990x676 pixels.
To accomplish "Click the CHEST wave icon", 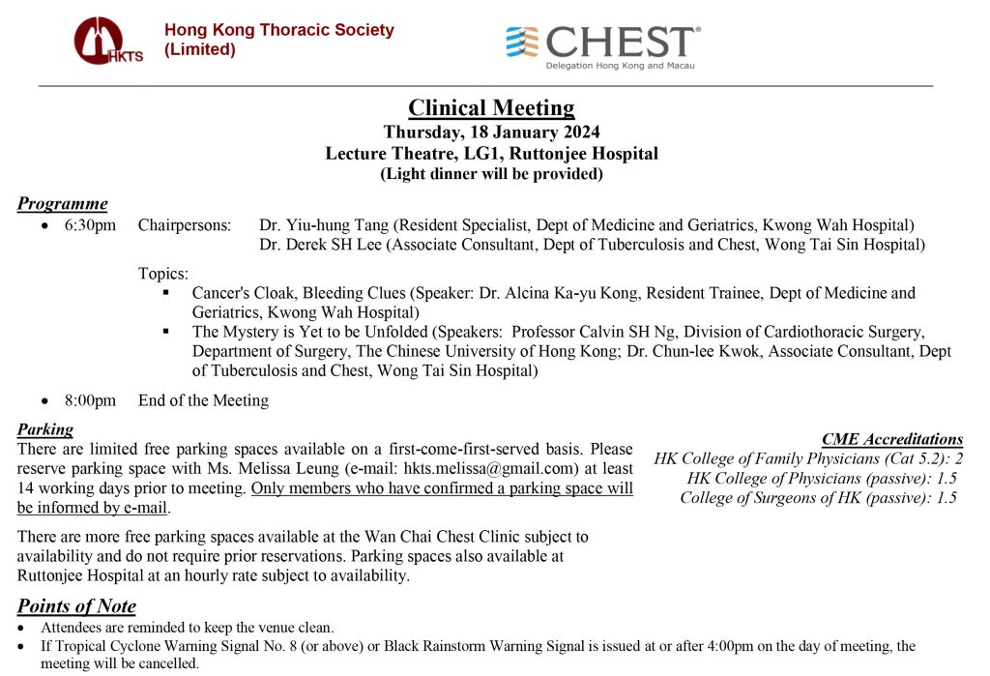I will point(523,43).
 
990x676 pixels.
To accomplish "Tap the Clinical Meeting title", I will point(491,107).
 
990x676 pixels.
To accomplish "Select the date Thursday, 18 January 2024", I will point(491,132).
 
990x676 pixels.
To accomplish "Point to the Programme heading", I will point(62,203).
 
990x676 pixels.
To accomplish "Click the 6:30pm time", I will point(91,225).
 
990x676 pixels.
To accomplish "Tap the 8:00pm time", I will point(91,400).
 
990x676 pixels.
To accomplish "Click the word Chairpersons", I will point(185,225).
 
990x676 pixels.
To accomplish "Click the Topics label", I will point(162,274).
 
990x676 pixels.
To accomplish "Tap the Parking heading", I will point(45,429).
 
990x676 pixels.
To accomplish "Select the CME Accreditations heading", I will point(891,439).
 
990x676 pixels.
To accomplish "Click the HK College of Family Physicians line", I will point(808,458).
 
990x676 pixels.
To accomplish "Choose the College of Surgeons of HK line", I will point(818,497).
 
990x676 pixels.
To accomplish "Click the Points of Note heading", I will point(76,606).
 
